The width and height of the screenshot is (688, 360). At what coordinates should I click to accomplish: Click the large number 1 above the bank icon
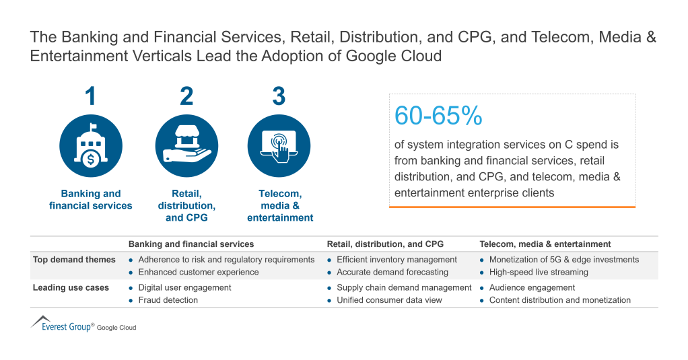pos(90,96)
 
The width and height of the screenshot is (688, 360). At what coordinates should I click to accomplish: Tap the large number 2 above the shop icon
pos(186,96)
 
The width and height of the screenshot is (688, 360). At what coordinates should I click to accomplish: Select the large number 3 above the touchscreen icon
pos(279,96)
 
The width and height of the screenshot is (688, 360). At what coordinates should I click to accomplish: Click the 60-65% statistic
pos(438,116)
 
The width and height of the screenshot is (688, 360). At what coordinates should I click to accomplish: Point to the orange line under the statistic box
pos(512,207)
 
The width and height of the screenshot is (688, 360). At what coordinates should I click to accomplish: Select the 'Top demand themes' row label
pos(74,260)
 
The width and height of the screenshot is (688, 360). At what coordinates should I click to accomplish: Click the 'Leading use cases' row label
pos(71,288)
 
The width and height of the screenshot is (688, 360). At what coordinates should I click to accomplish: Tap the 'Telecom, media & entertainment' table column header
pos(545,244)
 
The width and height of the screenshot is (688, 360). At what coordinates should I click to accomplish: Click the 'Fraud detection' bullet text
pos(168,300)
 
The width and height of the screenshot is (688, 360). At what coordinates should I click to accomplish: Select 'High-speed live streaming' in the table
pos(539,273)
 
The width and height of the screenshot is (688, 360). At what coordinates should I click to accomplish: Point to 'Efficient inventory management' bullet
pos(397,260)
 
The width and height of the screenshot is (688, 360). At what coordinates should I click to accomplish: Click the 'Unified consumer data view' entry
pos(389,300)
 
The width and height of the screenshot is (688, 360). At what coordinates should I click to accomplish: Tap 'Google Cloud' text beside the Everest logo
pos(116,328)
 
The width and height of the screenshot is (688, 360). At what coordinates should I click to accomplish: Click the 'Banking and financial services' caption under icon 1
pos(91,200)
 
